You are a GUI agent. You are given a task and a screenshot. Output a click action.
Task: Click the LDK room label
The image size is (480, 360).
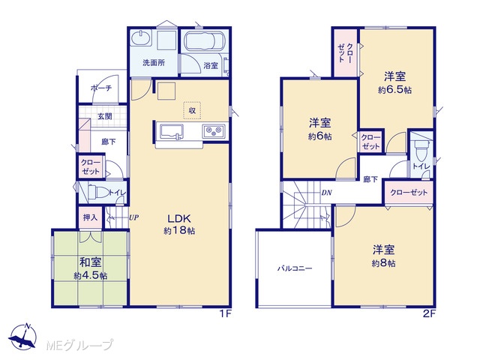point(179,218)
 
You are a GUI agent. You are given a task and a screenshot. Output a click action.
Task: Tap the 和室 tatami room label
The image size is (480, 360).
point(90,262)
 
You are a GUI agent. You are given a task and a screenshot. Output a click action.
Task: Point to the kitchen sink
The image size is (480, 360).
point(169,132)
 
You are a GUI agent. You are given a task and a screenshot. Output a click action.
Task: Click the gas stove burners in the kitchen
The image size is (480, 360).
point(213,130)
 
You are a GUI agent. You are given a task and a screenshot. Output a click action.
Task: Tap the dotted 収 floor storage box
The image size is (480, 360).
point(192,110)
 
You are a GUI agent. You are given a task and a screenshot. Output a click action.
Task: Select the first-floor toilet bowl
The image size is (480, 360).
point(98,193)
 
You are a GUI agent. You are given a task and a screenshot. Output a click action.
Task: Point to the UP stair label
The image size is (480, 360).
point(133,217)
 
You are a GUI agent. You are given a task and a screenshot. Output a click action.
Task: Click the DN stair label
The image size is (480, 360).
point(327,193)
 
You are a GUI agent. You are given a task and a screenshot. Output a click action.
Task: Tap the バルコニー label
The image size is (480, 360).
point(295,268)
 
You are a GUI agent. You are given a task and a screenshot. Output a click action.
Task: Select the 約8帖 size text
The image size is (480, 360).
point(383,263)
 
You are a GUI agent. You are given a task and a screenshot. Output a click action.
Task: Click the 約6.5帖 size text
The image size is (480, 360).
point(395,90)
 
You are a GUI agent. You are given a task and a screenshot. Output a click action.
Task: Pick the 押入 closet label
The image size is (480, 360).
point(90,217)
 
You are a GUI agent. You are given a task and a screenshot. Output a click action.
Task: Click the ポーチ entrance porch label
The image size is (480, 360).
point(101,88)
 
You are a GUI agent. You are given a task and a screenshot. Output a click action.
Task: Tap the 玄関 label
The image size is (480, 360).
point(105,116)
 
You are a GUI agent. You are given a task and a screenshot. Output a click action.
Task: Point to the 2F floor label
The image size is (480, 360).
point(429,314)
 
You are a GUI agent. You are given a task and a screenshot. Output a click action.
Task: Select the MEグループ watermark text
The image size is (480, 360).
point(80,345)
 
